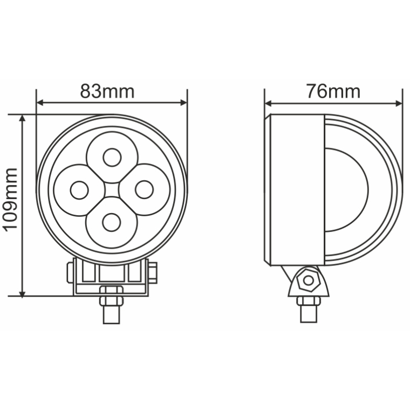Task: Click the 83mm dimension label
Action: coord(107,91)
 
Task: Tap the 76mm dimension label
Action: coord(333,91)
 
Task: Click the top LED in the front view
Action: coord(112,158)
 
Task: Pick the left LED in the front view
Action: coord(79,190)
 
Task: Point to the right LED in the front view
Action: coord(143,190)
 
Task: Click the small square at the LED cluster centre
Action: coord(112,190)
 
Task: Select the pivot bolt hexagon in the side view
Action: coord(308,280)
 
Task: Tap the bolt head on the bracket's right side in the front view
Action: coord(153,272)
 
